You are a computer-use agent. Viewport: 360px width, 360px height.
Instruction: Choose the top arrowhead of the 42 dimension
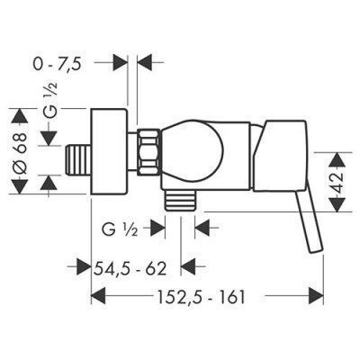337,152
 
